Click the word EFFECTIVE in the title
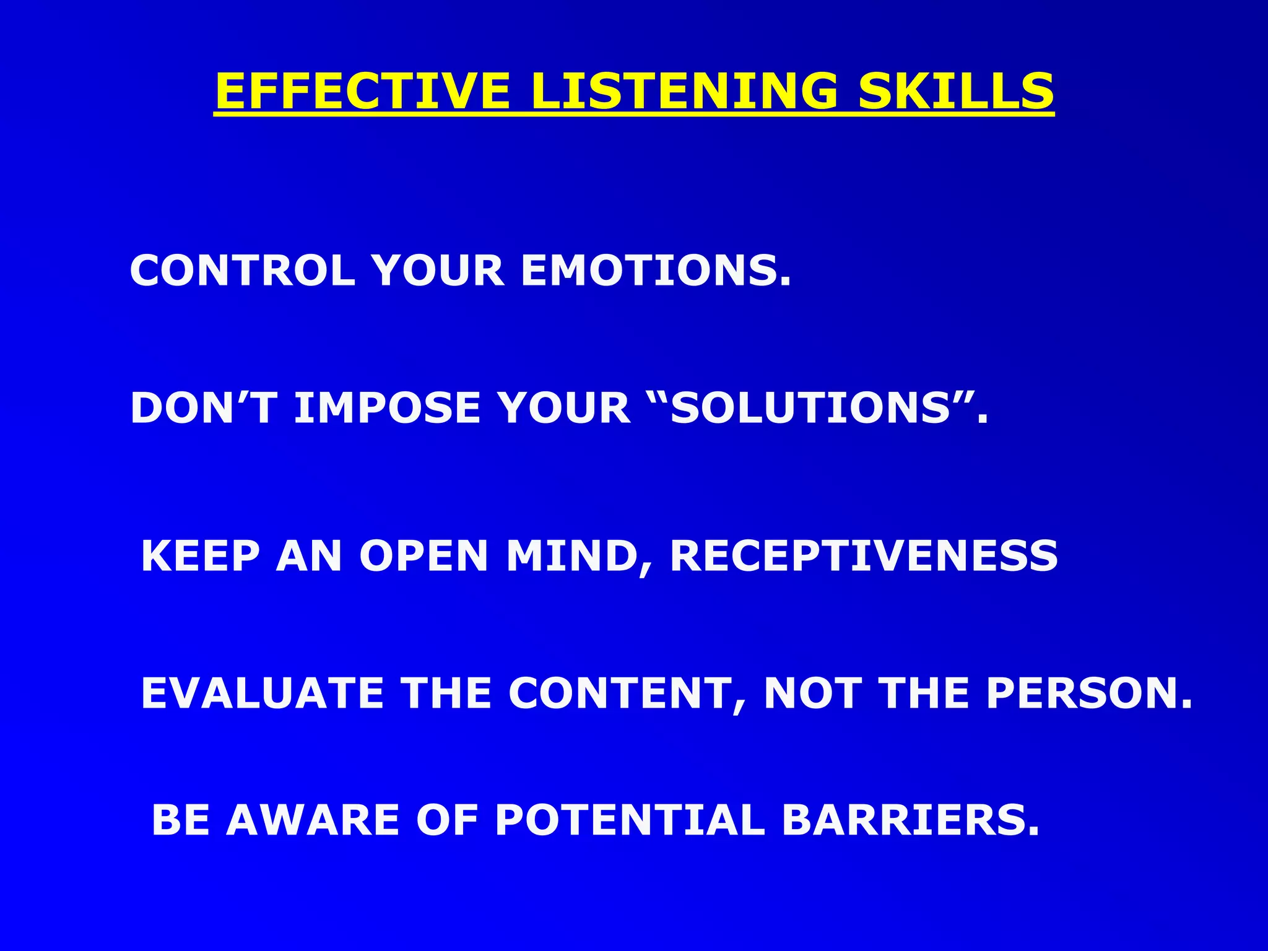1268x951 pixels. click(x=363, y=92)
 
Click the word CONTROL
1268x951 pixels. click(x=242, y=271)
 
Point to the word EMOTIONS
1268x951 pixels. click(x=656, y=271)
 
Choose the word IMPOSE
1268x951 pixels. click(x=387, y=409)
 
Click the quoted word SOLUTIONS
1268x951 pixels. click(x=810, y=409)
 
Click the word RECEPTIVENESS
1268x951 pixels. click(x=864, y=556)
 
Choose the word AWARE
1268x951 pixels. click(x=312, y=820)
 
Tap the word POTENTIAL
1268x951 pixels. click(x=630, y=820)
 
